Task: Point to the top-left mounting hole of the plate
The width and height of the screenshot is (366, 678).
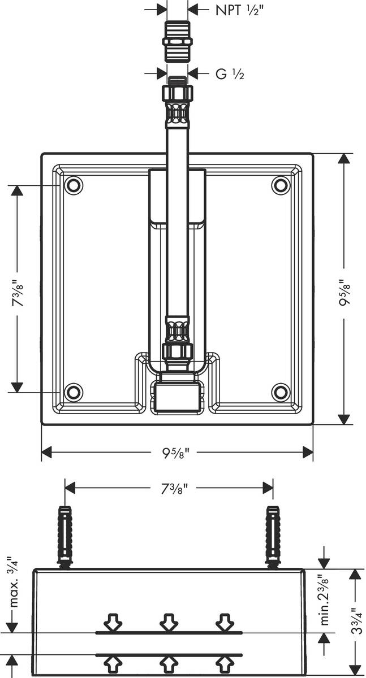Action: pos(73,185)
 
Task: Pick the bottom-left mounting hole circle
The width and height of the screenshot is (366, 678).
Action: pos(73,392)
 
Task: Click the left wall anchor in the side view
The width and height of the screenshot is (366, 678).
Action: pos(65,534)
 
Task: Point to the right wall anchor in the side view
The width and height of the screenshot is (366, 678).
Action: pos(273,534)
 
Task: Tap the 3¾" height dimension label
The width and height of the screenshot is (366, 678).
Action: pos(354,621)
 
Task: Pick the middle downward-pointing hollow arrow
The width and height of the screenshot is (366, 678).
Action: pos(169,623)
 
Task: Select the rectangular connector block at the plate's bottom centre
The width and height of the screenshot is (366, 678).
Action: pos(177,396)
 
